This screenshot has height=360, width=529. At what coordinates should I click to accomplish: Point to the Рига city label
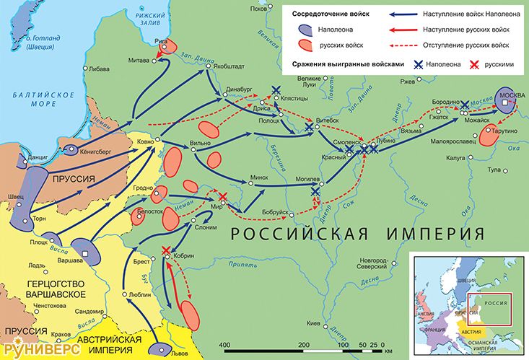click(x=161, y=42)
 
